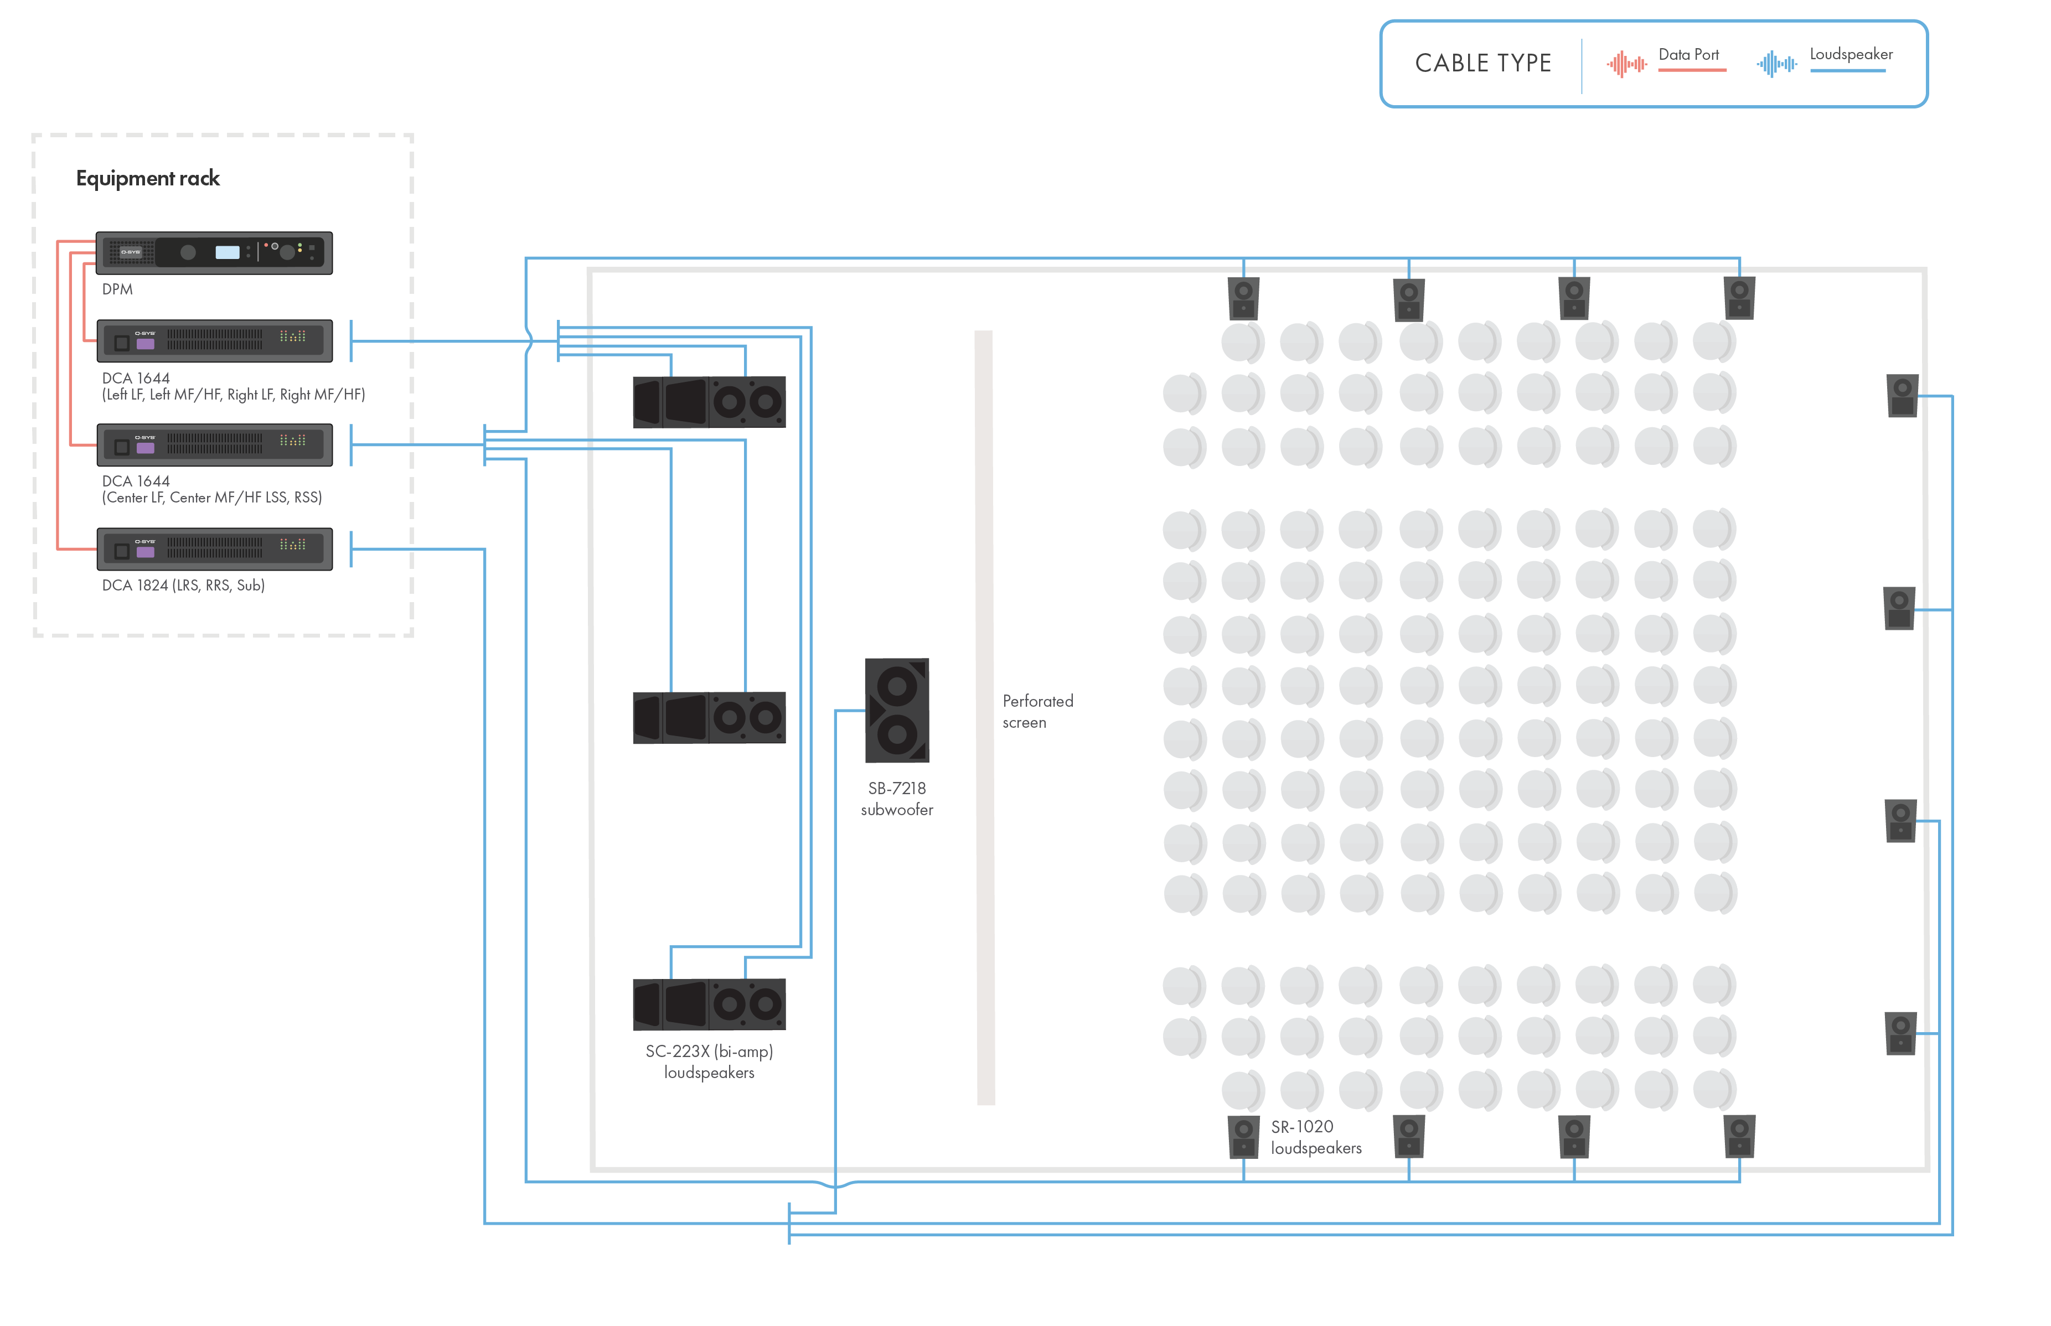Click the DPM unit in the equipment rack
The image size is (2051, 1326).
tap(214, 252)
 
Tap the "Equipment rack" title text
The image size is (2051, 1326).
tap(148, 178)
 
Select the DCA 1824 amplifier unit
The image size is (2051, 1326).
tap(214, 548)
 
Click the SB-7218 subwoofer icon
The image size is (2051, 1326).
tap(896, 711)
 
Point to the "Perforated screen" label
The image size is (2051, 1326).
tap(1037, 711)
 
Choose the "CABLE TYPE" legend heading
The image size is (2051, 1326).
tap(1482, 63)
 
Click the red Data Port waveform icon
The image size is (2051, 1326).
tap(1626, 64)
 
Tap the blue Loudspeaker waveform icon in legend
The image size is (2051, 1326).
tap(1776, 64)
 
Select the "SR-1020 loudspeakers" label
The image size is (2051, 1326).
tap(1316, 1137)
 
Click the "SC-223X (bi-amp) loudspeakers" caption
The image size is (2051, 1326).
tap(709, 1061)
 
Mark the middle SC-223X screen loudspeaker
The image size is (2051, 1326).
tap(709, 717)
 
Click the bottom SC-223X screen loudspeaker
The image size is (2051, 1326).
tap(709, 1004)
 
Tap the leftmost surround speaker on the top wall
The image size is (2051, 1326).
tap(1243, 298)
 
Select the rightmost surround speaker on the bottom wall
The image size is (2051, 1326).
tap(1739, 1137)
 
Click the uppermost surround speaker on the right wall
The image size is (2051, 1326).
tap(1902, 396)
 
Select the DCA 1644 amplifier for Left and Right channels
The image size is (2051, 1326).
tap(214, 341)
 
